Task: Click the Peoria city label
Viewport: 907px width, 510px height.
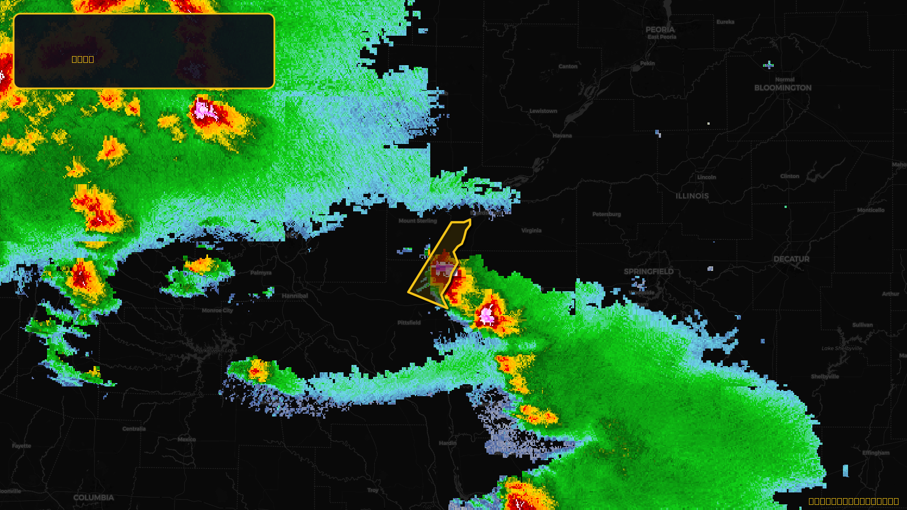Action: pyautogui.click(x=660, y=29)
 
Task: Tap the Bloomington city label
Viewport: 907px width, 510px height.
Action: pyautogui.click(x=783, y=88)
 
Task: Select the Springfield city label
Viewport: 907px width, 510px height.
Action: pyautogui.click(x=649, y=271)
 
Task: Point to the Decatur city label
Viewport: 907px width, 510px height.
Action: pyautogui.click(x=791, y=259)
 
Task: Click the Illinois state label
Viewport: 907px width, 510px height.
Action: pyautogui.click(x=692, y=196)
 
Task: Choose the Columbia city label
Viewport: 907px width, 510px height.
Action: pyautogui.click(x=94, y=498)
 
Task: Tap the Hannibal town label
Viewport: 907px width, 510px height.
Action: pyautogui.click(x=295, y=296)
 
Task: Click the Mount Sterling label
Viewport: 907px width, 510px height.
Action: pyautogui.click(x=418, y=221)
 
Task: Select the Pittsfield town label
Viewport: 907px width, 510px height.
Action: pyautogui.click(x=409, y=322)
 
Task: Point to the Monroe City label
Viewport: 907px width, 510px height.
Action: pyautogui.click(x=217, y=311)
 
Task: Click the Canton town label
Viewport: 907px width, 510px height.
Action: pyautogui.click(x=567, y=66)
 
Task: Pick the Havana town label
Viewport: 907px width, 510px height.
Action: pyautogui.click(x=562, y=135)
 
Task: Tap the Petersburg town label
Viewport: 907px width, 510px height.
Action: pyautogui.click(x=607, y=214)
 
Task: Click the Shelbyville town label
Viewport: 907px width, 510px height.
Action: pyautogui.click(x=825, y=376)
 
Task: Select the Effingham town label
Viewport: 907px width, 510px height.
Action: pyautogui.click(x=876, y=453)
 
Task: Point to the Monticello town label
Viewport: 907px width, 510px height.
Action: pyautogui.click(x=871, y=210)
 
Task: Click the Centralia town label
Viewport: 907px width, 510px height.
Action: pyautogui.click(x=134, y=429)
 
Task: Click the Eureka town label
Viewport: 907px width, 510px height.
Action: pyautogui.click(x=725, y=22)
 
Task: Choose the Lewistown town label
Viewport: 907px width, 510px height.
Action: pyautogui.click(x=543, y=111)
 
